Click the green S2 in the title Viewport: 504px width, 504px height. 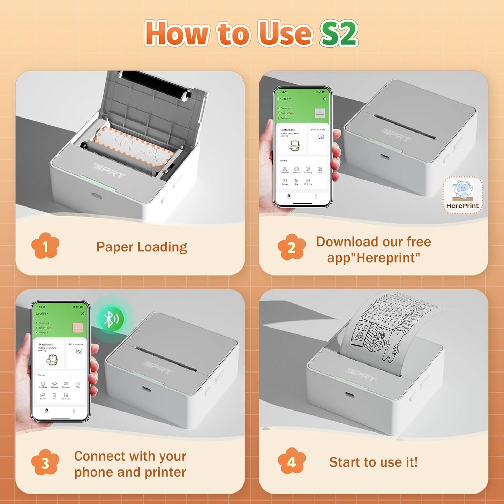click(339, 33)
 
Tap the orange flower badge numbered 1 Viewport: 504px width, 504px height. click(45, 246)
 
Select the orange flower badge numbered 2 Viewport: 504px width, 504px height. click(292, 247)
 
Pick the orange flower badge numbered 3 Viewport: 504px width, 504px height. click(45, 463)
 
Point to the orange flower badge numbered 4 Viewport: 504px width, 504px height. click(292, 462)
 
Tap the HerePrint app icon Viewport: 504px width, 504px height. click(462, 195)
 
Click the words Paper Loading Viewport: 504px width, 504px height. click(142, 247)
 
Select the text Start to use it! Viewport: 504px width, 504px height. click(373, 462)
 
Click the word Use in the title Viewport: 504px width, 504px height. click(284, 33)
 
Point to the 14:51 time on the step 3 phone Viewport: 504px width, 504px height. click(42, 307)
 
